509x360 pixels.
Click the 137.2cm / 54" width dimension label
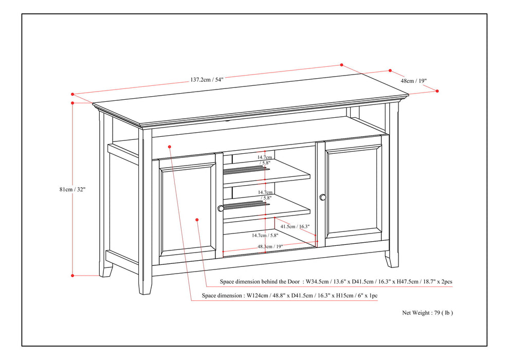click(x=207, y=80)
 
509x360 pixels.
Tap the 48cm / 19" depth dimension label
click(x=414, y=81)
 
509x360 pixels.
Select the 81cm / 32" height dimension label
click(x=72, y=189)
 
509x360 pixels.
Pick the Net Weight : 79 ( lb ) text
click(x=427, y=312)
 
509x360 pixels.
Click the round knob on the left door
click(x=220, y=208)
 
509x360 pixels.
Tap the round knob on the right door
click(x=323, y=197)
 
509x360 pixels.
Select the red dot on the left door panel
click(x=197, y=220)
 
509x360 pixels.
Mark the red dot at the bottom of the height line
click(x=73, y=276)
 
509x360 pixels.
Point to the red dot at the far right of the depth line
click(x=437, y=91)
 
